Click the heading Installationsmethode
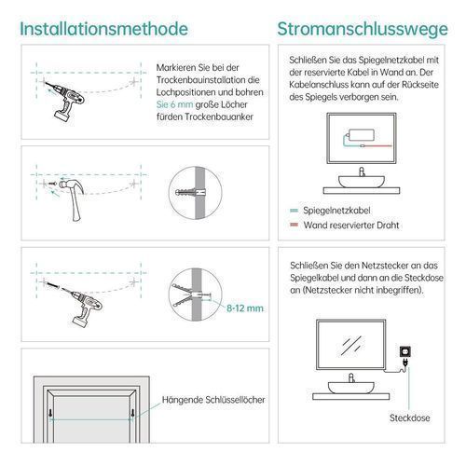tap(104, 29)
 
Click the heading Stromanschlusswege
tap(363, 29)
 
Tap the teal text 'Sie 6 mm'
tap(174, 104)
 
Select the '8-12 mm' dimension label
tap(245, 308)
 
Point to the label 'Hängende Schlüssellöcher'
tap(213, 400)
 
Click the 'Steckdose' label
tap(410, 418)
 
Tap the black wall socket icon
tap(405, 351)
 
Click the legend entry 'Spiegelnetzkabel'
tap(336, 211)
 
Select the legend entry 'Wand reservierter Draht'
tap(351, 225)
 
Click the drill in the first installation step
tap(66, 100)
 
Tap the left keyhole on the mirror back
tap(50, 413)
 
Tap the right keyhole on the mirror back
tap(132, 413)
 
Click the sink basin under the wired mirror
tap(362, 182)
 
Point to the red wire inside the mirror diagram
tap(377, 145)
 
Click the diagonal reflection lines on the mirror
tap(351, 345)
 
